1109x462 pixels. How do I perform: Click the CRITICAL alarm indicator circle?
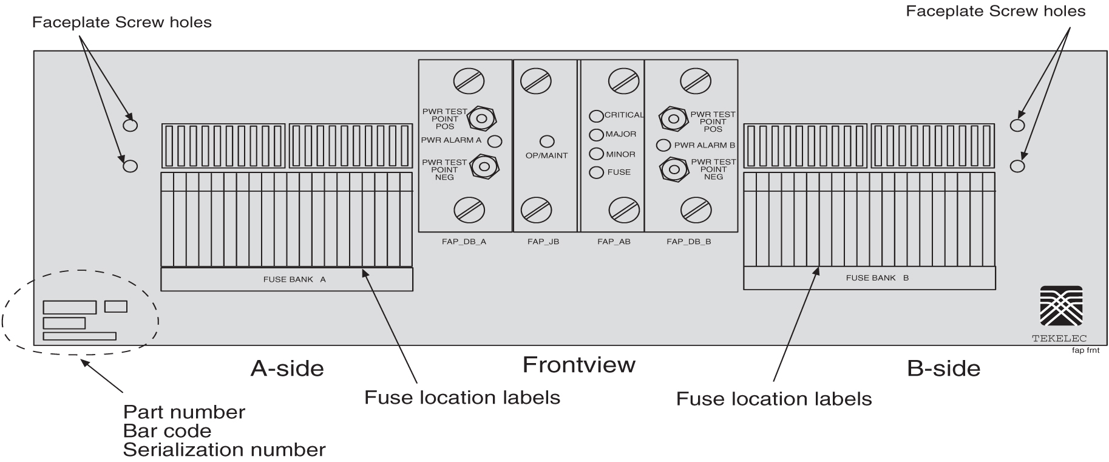[x=596, y=115]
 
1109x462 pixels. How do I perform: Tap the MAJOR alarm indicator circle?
[x=596, y=134]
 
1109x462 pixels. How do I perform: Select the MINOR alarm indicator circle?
[x=596, y=154]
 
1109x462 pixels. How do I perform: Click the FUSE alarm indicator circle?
[x=596, y=172]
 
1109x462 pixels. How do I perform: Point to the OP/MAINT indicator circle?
[x=547, y=141]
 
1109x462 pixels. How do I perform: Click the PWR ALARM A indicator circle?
[x=495, y=141]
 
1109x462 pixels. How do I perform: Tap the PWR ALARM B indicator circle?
[x=663, y=146]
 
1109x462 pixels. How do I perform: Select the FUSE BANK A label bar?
[x=287, y=279]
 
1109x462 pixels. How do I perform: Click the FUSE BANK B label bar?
[x=869, y=278]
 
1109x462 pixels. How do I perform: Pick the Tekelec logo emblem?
[x=1060, y=307]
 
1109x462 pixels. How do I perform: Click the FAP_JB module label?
[x=543, y=242]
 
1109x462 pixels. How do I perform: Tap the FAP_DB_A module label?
[x=464, y=242]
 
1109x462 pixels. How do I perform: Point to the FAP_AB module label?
[x=614, y=242]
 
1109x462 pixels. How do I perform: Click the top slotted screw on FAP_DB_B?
[x=696, y=81]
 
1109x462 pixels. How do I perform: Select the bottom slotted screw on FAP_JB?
[x=536, y=210]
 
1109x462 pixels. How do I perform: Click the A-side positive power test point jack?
[x=482, y=118]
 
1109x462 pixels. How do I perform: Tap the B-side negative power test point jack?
[x=673, y=169]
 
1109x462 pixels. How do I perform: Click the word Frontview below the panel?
[x=578, y=365]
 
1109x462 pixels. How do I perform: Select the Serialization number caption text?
[x=224, y=450]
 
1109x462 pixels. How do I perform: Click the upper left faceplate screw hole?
[x=130, y=126]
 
